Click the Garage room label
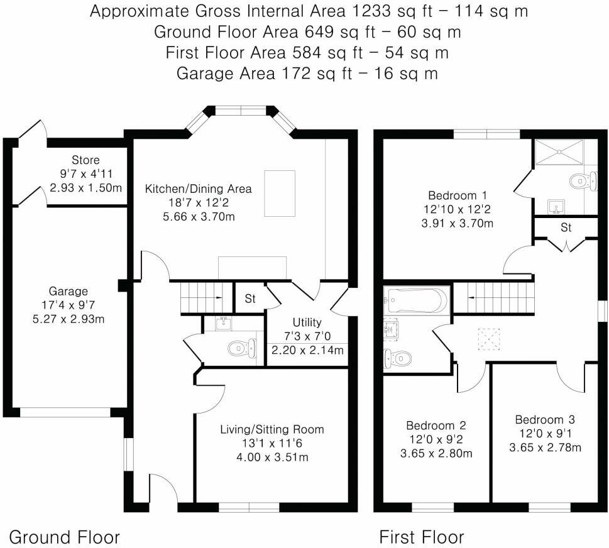(x=69, y=291)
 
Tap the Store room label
(x=85, y=160)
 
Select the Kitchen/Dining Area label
(x=199, y=189)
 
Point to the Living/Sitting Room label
(x=272, y=429)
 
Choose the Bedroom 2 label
(x=436, y=425)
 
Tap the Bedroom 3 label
(x=545, y=419)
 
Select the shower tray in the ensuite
(x=559, y=152)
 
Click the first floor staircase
(x=493, y=297)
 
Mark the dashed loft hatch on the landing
(x=487, y=338)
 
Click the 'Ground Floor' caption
(x=64, y=537)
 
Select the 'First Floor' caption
(x=421, y=537)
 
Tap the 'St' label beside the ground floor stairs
(x=250, y=299)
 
